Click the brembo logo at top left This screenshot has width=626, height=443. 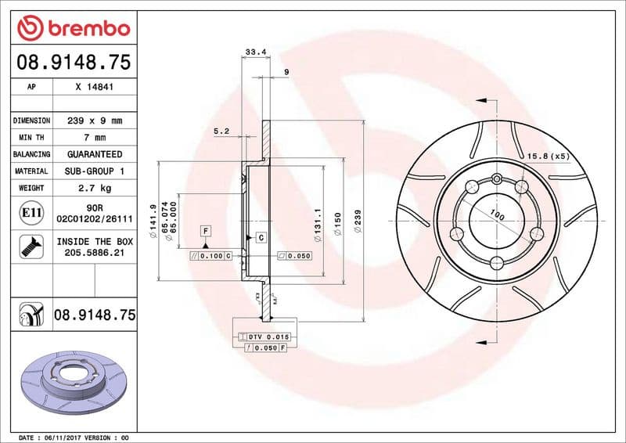click(x=73, y=29)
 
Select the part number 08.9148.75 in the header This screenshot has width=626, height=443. click(x=73, y=62)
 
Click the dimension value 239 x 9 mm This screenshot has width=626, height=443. click(x=95, y=121)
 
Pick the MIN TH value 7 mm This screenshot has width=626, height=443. click(x=95, y=137)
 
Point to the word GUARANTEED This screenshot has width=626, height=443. click(x=95, y=154)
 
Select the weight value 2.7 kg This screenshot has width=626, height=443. click(x=95, y=188)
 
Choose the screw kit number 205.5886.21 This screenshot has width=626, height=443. click(x=95, y=254)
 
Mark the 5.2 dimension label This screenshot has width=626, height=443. click(x=221, y=131)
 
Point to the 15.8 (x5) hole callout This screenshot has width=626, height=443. click(x=548, y=156)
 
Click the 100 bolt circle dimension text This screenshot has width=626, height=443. click(x=496, y=214)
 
